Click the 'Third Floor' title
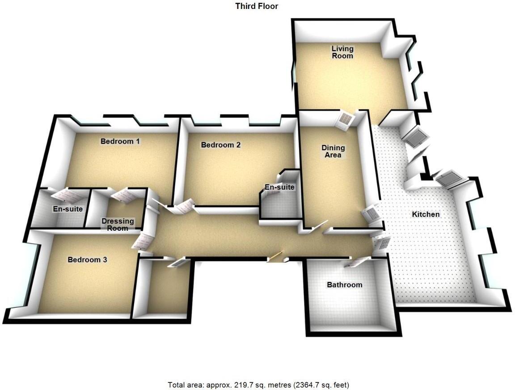pyautogui.click(x=257, y=6)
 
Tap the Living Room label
pyautogui.click(x=342, y=52)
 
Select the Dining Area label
pyautogui.click(x=333, y=151)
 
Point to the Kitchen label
pyautogui.click(x=426, y=214)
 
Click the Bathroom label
pyautogui.click(x=344, y=284)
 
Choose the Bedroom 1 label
pyautogui.click(x=120, y=141)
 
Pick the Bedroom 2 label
pyautogui.click(x=221, y=145)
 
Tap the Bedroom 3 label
pyautogui.click(x=87, y=259)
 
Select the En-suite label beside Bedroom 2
pyautogui.click(x=280, y=187)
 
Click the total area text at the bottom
pyautogui.click(x=258, y=385)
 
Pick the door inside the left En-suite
pyautogui.click(x=65, y=195)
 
